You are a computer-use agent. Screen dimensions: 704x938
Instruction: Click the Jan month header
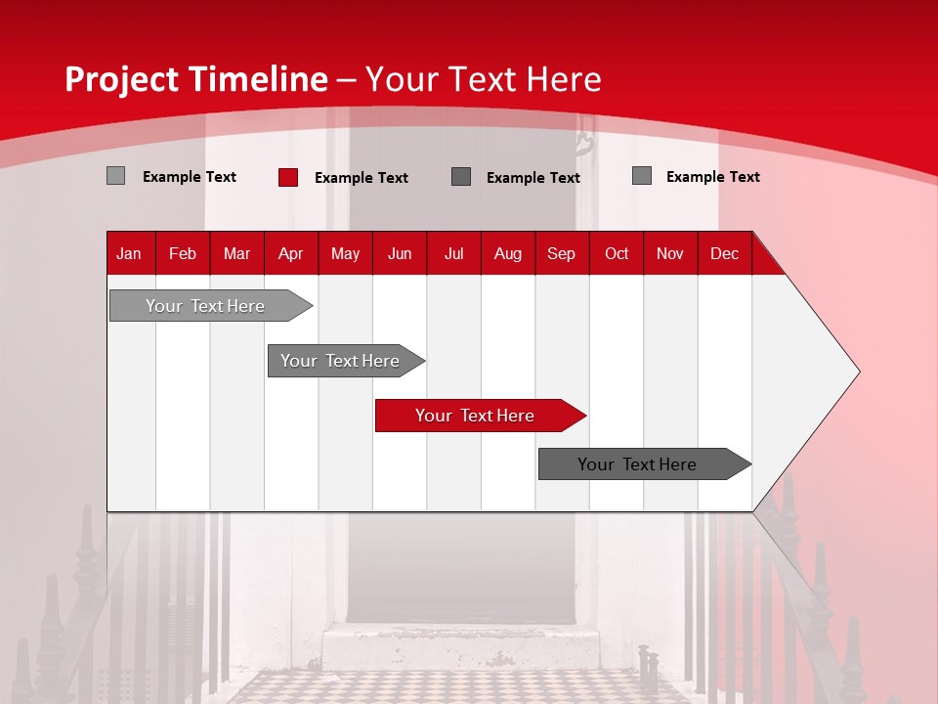pyautogui.click(x=129, y=253)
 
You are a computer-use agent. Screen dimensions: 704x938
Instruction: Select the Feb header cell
pyautogui.click(x=183, y=253)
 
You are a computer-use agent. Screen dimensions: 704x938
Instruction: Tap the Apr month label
pyautogui.click(x=290, y=253)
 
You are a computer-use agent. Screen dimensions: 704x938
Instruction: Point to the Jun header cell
pyautogui.click(x=400, y=253)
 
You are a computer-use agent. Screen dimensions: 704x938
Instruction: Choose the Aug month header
pyautogui.click(x=507, y=253)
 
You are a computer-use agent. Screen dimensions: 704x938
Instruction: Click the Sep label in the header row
pyautogui.click(x=561, y=253)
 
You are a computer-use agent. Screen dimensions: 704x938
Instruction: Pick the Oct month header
pyautogui.click(x=617, y=253)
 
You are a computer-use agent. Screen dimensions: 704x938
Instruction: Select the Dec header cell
pyautogui.click(x=724, y=253)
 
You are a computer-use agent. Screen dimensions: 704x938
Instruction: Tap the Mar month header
pyautogui.click(x=236, y=253)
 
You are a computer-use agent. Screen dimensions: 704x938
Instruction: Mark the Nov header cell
pyautogui.click(x=670, y=253)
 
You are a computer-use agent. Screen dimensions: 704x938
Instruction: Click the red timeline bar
pyautogui.click(x=476, y=416)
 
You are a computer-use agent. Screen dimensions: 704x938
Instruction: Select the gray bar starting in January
pyautogui.click(x=206, y=306)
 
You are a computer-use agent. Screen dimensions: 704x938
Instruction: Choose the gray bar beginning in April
pyautogui.click(x=341, y=361)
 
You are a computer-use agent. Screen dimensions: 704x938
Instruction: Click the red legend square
pyautogui.click(x=288, y=177)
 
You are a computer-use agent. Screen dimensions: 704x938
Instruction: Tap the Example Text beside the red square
pyautogui.click(x=361, y=177)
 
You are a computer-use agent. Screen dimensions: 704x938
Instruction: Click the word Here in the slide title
pyautogui.click(x=564, y=79)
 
